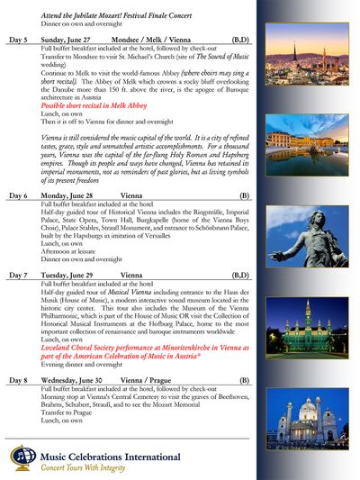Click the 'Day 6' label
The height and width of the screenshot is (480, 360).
pos(19,195)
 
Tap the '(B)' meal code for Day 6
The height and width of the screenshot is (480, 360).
pos(244,195)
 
